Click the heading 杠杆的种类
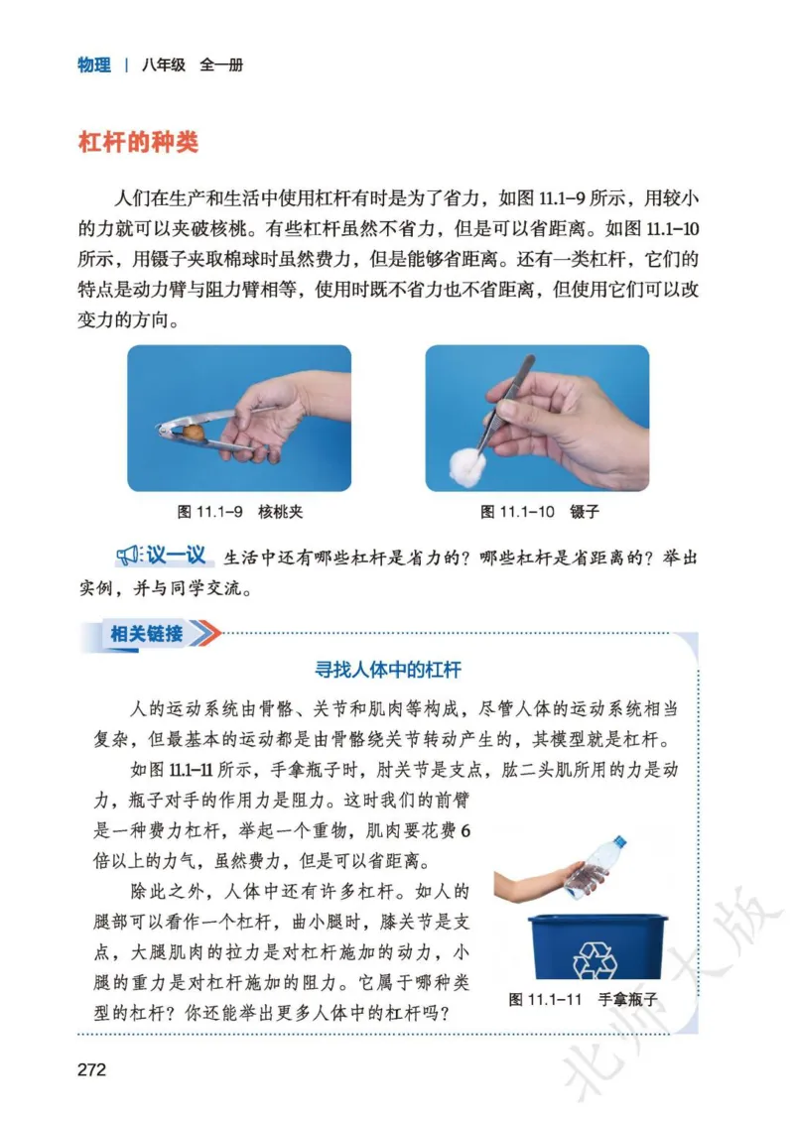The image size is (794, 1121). (x=138, y=142)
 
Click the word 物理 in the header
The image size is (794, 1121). (x=94, y=65)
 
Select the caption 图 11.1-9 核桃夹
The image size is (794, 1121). (x=239, y=512)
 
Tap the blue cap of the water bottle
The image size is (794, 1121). (x=620, y=841)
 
